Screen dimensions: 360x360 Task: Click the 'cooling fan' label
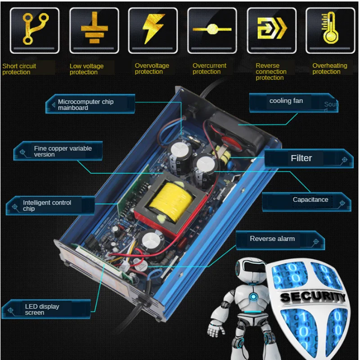click(x=286, y=101)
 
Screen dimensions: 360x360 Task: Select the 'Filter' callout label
click(x=301, y=158)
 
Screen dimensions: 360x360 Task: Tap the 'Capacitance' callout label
click(x=310, y=199)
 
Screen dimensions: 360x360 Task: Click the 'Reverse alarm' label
click(x=272, y=238)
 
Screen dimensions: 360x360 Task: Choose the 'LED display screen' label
click(x=42, y=310)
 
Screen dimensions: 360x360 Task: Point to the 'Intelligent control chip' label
click(x=47, y=206)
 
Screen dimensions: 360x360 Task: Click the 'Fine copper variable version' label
click(x=63, y=151)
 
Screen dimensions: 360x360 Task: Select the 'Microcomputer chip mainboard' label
click(x=85, y=105)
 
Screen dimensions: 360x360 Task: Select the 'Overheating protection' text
click(x=330, y=69)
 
